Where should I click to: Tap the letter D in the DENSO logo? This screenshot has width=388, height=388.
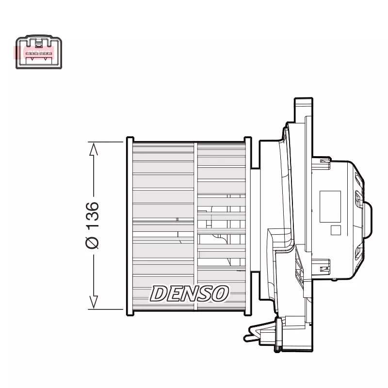click(159, 293)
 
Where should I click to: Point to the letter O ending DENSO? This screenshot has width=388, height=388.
click(219, 293)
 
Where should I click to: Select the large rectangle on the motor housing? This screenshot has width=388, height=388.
click(330, 206)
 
